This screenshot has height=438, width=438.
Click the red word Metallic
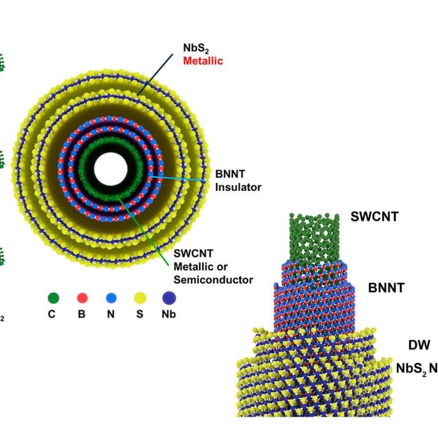(x=203, y=61)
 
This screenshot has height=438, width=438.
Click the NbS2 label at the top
(x=194, y=48)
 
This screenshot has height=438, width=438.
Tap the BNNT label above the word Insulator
(x=230, y=174)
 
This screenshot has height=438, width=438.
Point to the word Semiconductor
(x=213, y=279)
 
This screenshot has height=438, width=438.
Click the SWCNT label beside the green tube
(x=375, y=218)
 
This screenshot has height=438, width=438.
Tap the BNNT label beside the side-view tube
(x=386, y=288)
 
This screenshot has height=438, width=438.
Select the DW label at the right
(x=419, y=345)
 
